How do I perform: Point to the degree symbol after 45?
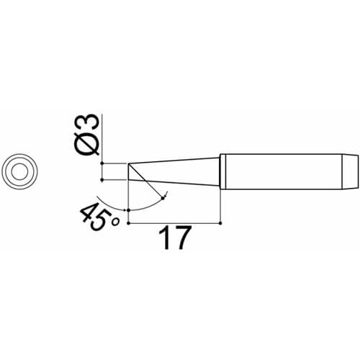point(116,222)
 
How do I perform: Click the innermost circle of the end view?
point(19,171)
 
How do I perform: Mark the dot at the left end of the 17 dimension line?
point(129,223)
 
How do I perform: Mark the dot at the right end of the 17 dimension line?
point(220,223)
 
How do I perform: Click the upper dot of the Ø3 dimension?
point(102,163)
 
